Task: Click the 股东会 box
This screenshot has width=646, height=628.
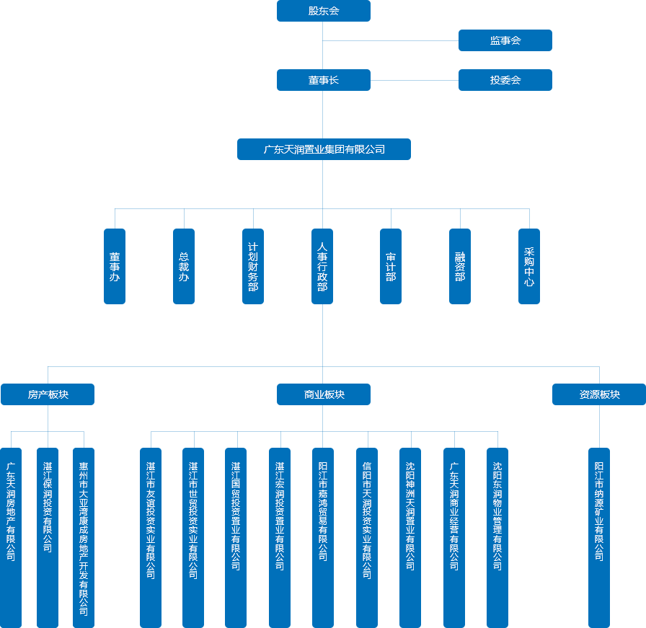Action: click(x=323, y=11)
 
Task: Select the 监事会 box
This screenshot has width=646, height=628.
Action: click(x=505, y=40)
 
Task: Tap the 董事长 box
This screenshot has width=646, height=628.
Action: click(x=323, y=80)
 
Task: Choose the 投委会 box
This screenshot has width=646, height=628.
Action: click(x=505, y=80)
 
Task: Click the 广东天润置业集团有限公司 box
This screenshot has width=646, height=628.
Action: click(x=324, y=149)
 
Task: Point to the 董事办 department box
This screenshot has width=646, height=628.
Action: click(x=115, y=266)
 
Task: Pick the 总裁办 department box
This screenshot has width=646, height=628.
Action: click(x=184, y=266)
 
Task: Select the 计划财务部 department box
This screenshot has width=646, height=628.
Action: click(x=253, y=266)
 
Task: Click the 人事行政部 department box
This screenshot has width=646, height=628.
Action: click(x=322, y=266)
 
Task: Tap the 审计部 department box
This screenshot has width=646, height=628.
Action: click(x=391, y=266)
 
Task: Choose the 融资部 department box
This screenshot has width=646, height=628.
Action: click(x=460, y=266)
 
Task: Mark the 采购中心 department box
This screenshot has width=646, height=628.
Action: click(x=529, y=266)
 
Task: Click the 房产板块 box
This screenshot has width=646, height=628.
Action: click(x=48, y=394)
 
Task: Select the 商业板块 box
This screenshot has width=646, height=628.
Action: click(x=324, y=394)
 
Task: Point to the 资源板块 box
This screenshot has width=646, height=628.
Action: click(x=599, y=394)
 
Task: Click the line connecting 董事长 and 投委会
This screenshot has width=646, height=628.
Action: click(x=415, y=80)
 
